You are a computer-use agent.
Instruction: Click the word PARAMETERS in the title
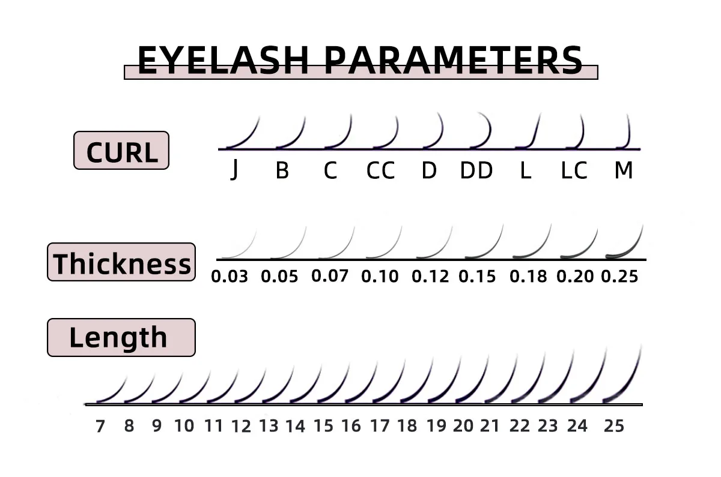(454, 60)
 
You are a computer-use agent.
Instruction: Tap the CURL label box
(121, 151)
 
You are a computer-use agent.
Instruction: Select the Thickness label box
(121, 262)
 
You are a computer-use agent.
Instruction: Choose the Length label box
(121, 337)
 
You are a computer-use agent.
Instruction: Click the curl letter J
(234, 171)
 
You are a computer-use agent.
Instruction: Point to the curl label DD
(476, 171)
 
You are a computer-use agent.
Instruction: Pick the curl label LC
(574, 171)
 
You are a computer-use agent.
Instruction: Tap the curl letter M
(624, 171)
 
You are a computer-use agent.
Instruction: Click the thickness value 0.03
(230, 277)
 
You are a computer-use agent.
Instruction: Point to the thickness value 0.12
(430, 277)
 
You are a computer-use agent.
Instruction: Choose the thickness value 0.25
(619, 277)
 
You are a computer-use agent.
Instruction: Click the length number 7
(100, 426)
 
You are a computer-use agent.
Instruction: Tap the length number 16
(351, 426)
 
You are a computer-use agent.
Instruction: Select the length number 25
(614, 426)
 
